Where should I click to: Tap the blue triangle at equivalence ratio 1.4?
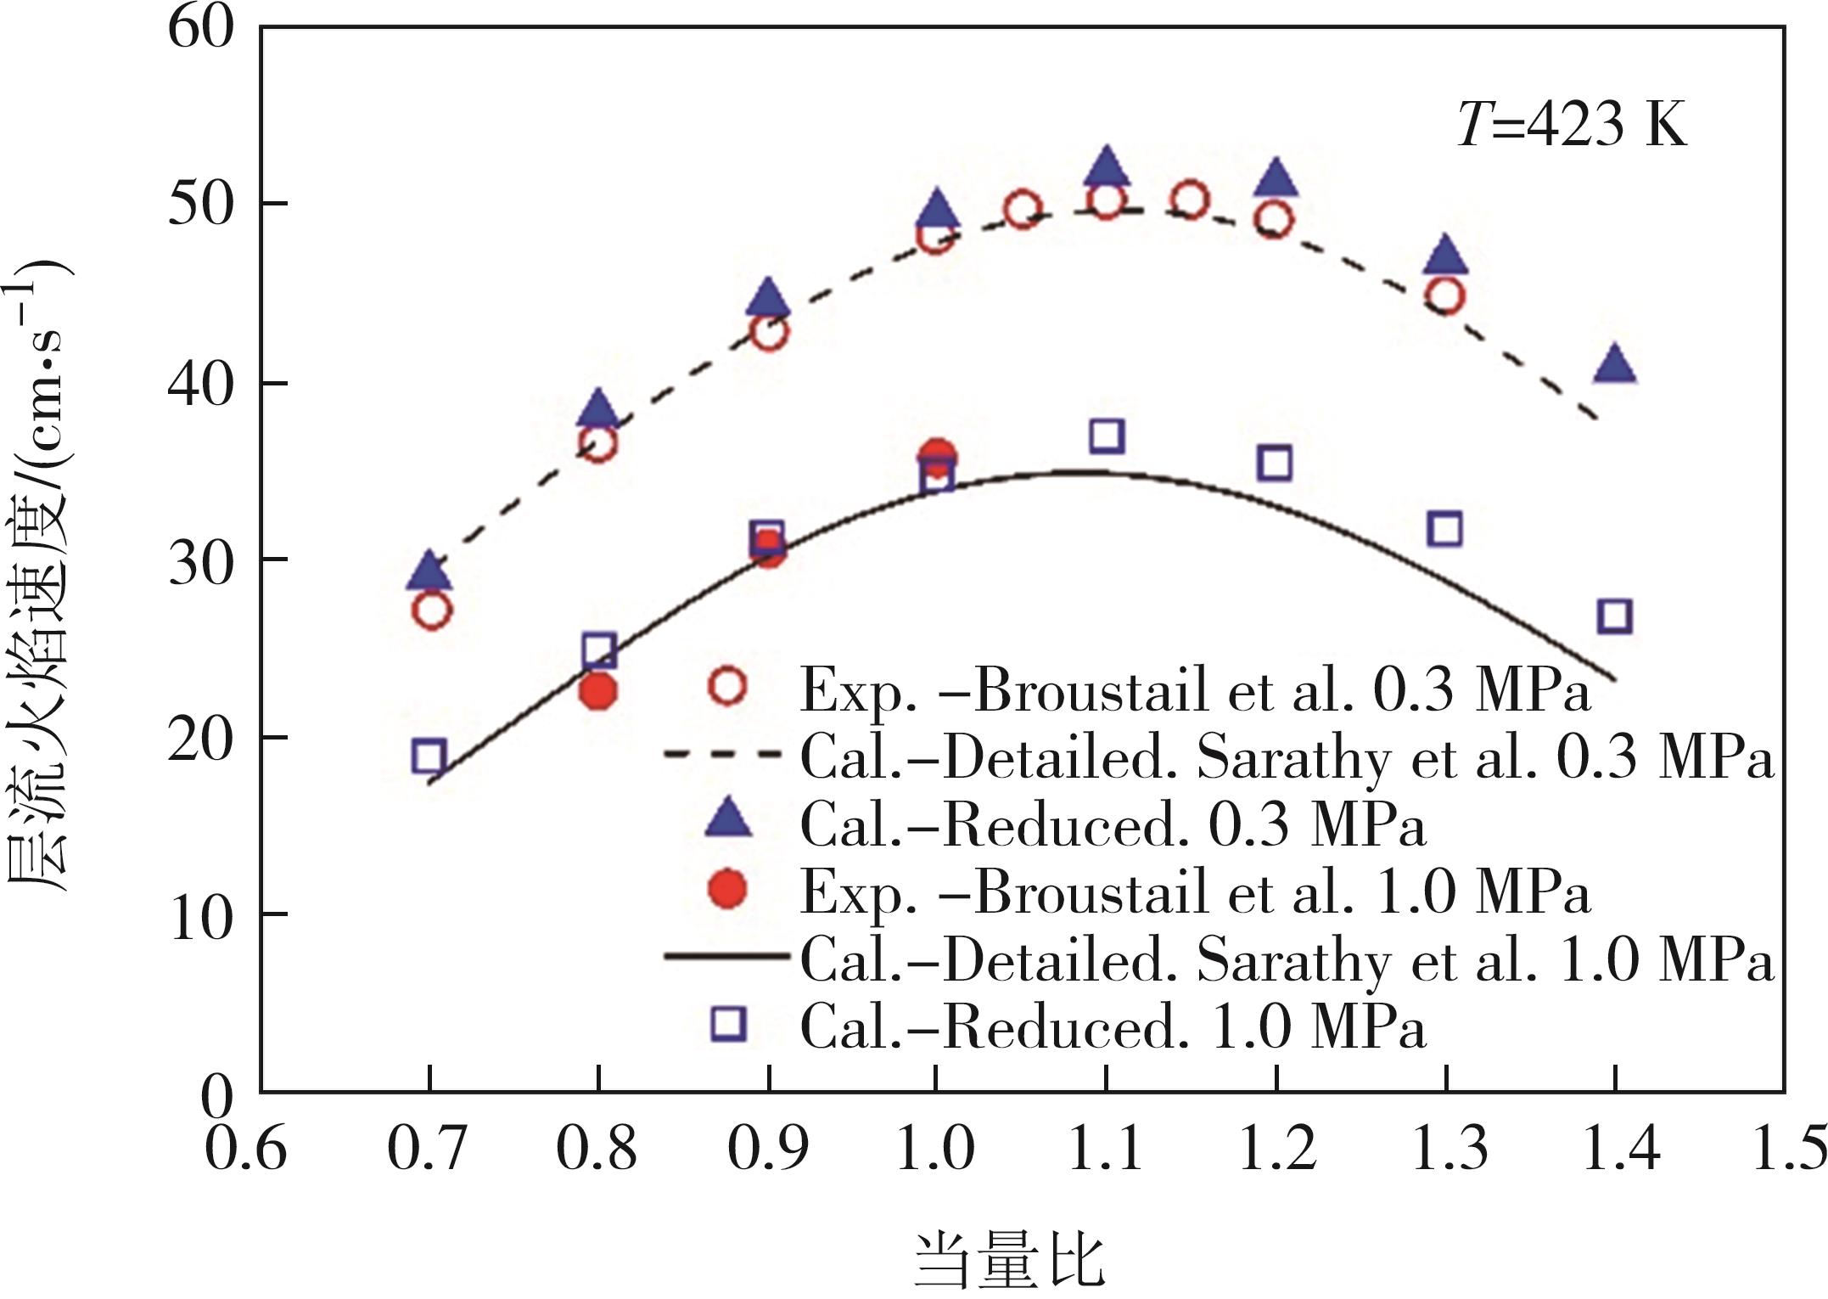1614,366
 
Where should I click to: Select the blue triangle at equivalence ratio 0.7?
429,572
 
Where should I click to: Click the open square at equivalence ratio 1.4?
1614,616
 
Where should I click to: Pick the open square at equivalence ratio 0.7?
429,755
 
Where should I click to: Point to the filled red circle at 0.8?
599,691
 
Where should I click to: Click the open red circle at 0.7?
431,610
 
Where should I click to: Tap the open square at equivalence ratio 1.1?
1107,436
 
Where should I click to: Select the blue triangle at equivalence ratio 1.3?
1445,256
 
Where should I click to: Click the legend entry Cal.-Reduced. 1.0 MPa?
1112,1027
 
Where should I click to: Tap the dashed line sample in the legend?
721,755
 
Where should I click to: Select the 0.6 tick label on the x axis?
246,1148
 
